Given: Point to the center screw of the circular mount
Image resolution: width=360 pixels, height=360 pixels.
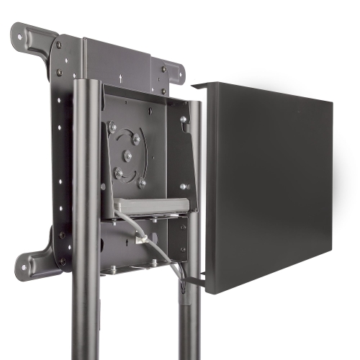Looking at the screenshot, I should [x=127, y=156].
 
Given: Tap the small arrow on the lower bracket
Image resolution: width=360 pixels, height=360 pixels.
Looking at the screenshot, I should [x=127, y=246].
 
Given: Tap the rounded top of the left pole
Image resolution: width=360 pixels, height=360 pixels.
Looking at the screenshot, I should [x=86, y=82].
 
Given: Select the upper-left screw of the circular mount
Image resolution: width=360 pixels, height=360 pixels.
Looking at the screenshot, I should [x=113, y=127].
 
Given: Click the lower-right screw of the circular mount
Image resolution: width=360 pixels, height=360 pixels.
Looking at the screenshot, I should [x=142, y=183].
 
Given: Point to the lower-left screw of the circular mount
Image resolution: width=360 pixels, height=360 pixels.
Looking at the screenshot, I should [x=118, y=172].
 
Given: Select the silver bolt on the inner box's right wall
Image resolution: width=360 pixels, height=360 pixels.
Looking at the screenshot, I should [x=184, y=120].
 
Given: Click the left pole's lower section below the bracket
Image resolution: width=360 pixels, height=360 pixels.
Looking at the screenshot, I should [x=86, y=317].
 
